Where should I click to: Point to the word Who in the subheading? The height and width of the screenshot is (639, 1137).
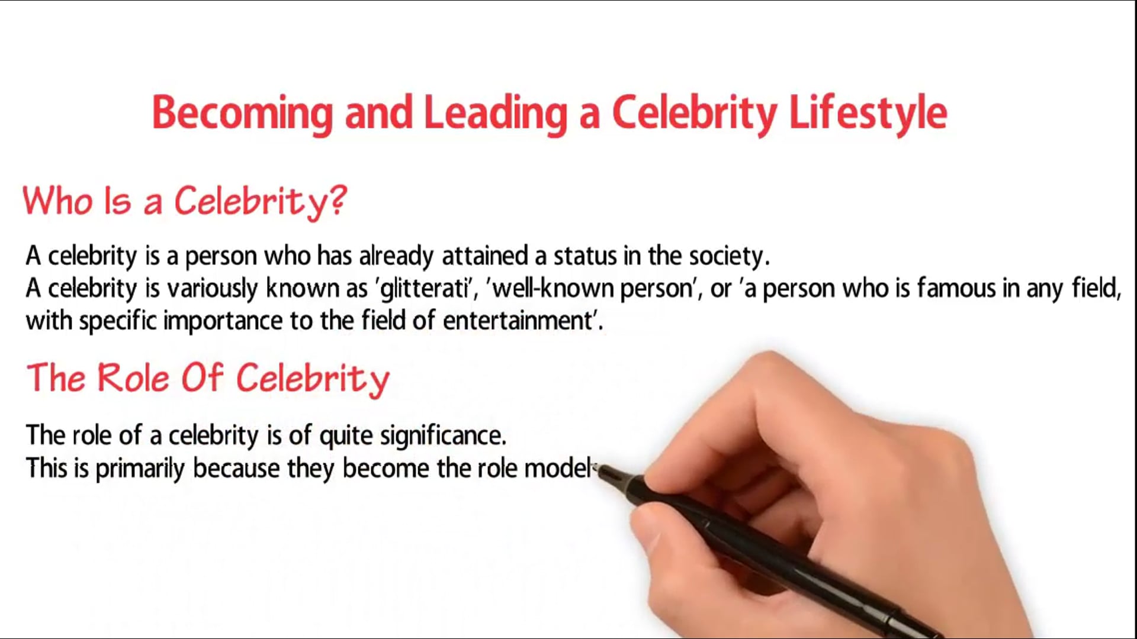[x=58, y=201]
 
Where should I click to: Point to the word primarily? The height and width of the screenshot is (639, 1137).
[x=140, y=469]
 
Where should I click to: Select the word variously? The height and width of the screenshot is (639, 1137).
[x=213, y=289]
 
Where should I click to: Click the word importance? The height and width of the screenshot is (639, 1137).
[x=223, y=321]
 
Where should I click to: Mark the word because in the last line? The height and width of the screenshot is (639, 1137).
[x=236, y=469]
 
